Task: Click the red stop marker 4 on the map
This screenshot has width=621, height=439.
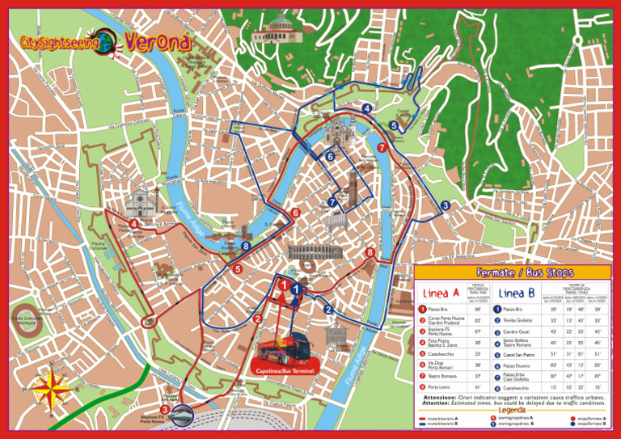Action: click(x=133, y=224)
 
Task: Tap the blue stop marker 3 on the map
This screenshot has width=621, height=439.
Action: click(x=445, y=205)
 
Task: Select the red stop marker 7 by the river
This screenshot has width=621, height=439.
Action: click(x=381, y=147)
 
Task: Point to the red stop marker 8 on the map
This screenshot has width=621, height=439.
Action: click(x=370, y=253)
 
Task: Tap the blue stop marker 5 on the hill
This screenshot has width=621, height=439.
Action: click(x=393, y=125)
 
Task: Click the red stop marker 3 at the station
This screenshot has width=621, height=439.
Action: click(x=165, y=410)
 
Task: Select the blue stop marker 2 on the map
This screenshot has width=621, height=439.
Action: click(x=328, y=309)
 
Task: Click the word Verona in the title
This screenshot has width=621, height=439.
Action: click(x=158, y=40)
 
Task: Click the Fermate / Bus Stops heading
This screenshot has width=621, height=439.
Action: click(x=513, y=272)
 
